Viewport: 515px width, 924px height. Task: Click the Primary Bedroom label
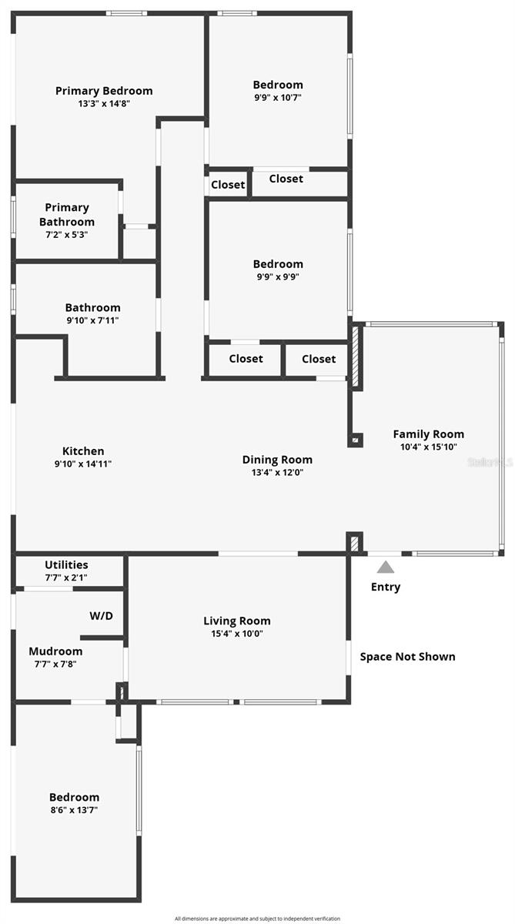104,91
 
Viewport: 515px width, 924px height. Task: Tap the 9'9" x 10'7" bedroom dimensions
278,98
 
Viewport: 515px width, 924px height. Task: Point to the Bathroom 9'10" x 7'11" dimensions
92,320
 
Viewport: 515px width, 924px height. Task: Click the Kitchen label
83,451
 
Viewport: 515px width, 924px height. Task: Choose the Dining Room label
277,460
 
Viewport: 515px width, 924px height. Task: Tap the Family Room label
428,434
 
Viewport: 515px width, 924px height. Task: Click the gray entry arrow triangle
386,567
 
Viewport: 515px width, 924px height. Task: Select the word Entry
386,588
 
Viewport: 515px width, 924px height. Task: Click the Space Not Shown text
407,657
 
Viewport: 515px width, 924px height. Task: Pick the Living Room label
237,621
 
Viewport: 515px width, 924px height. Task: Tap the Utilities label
66,564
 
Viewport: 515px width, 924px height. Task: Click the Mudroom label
55,651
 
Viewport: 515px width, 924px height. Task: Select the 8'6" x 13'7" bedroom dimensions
75,810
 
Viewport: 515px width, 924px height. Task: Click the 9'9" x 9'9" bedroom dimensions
278,277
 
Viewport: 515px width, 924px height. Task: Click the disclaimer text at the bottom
257,918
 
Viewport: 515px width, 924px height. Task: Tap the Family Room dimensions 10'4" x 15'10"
428,447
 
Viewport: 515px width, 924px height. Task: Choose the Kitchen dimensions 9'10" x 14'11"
83,464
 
